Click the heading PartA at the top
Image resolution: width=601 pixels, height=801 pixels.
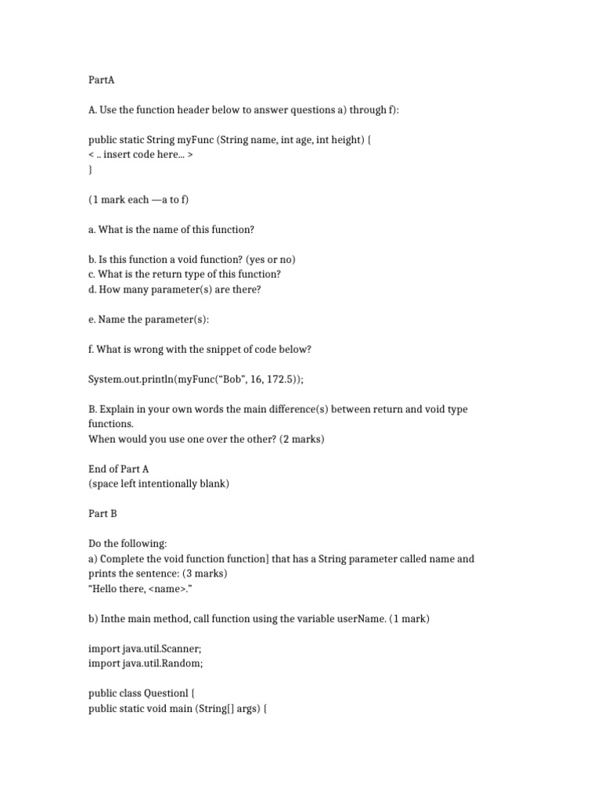(x=102, y=81)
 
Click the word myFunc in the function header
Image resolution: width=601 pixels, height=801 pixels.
(x=195, y=140)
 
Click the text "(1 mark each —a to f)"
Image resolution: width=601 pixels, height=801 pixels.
(x=139, y=199)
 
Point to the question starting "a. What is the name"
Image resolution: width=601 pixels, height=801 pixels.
(x=171, y=229)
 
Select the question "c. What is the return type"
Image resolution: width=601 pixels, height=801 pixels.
(x=185, y=275)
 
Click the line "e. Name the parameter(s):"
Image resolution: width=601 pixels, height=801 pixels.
(x=149, y=319)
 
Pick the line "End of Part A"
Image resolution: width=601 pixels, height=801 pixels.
(x=118, y=469)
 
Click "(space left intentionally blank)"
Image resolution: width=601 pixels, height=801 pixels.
(x=159, y=483)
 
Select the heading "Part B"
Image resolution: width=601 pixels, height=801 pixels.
(x=103, y=513)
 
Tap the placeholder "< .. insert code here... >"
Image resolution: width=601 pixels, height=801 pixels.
(x=141, y=155)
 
